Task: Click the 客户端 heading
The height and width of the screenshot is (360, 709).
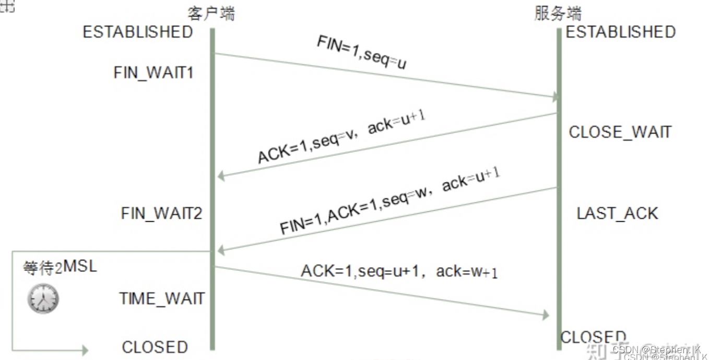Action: (211, 13)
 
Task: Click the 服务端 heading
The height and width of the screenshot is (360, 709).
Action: (558, 13)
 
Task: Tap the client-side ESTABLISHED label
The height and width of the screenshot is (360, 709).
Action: (138, 32)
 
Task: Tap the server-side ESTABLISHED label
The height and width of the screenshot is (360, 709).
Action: (621, 32)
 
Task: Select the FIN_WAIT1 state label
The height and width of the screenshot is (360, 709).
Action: (153, 73)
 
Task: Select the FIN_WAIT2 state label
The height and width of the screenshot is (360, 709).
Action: (161, 213)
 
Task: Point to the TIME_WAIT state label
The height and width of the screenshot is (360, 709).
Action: (162, 298)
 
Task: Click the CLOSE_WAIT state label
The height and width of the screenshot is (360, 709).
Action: (620, 132)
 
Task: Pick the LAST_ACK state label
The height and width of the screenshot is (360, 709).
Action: (617, 213)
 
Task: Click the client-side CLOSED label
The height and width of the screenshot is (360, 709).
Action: (155, 347)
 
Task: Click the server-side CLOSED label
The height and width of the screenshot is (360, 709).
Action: (593, 337)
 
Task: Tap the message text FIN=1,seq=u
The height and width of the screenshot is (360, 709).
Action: (361, 53)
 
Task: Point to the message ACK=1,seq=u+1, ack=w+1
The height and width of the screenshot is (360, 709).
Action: (399, 271)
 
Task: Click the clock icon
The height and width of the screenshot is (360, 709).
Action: (43, 299)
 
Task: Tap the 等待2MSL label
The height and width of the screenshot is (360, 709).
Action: (60, 268)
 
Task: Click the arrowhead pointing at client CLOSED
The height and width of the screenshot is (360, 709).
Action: (84, 350)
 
